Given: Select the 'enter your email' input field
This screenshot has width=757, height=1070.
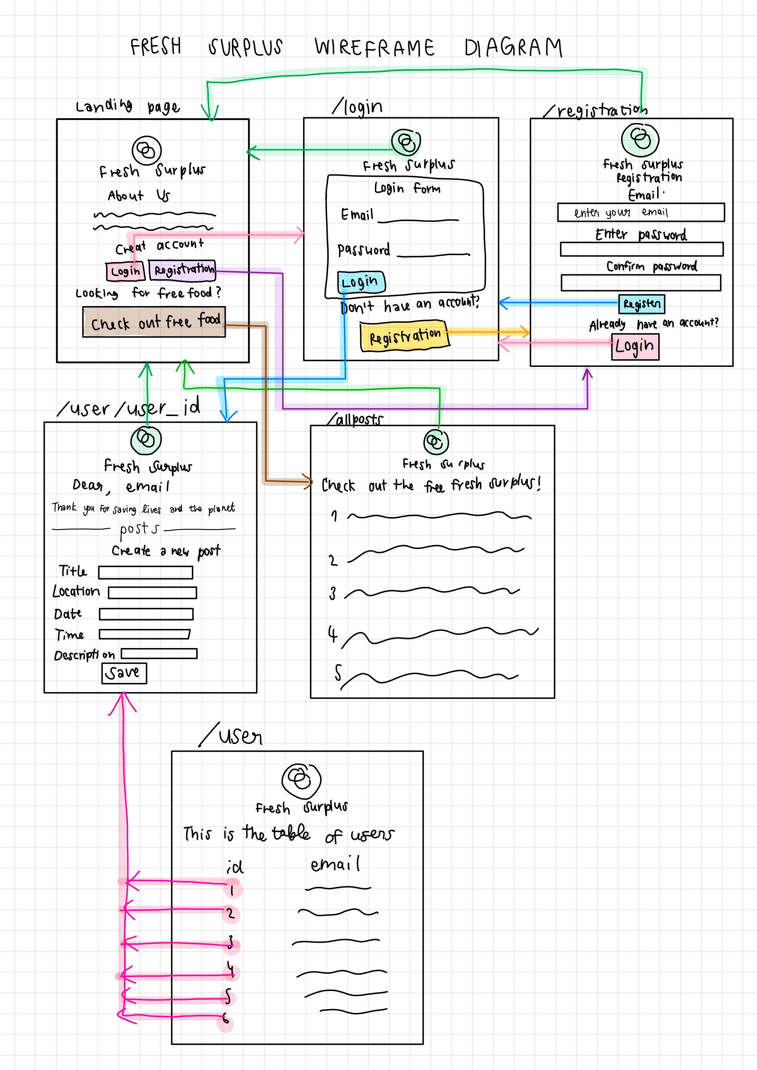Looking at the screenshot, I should [640, 213].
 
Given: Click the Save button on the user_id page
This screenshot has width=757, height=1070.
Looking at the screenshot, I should [124, 673].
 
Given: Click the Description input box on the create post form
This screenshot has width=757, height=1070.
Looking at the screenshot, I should [159, 653].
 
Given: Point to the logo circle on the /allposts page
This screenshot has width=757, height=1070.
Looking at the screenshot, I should [436, 441].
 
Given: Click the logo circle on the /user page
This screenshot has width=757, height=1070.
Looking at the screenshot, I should [301, 780].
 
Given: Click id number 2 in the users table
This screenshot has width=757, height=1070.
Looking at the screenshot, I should [231, 913].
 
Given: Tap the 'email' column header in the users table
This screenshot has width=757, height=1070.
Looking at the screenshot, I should [335, 864].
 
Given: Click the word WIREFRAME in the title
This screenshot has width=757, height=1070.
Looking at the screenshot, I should [374, 48].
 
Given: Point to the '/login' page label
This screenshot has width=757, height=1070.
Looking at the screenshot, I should [358, 107].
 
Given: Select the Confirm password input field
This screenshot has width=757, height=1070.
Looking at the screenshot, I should [640, 283].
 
